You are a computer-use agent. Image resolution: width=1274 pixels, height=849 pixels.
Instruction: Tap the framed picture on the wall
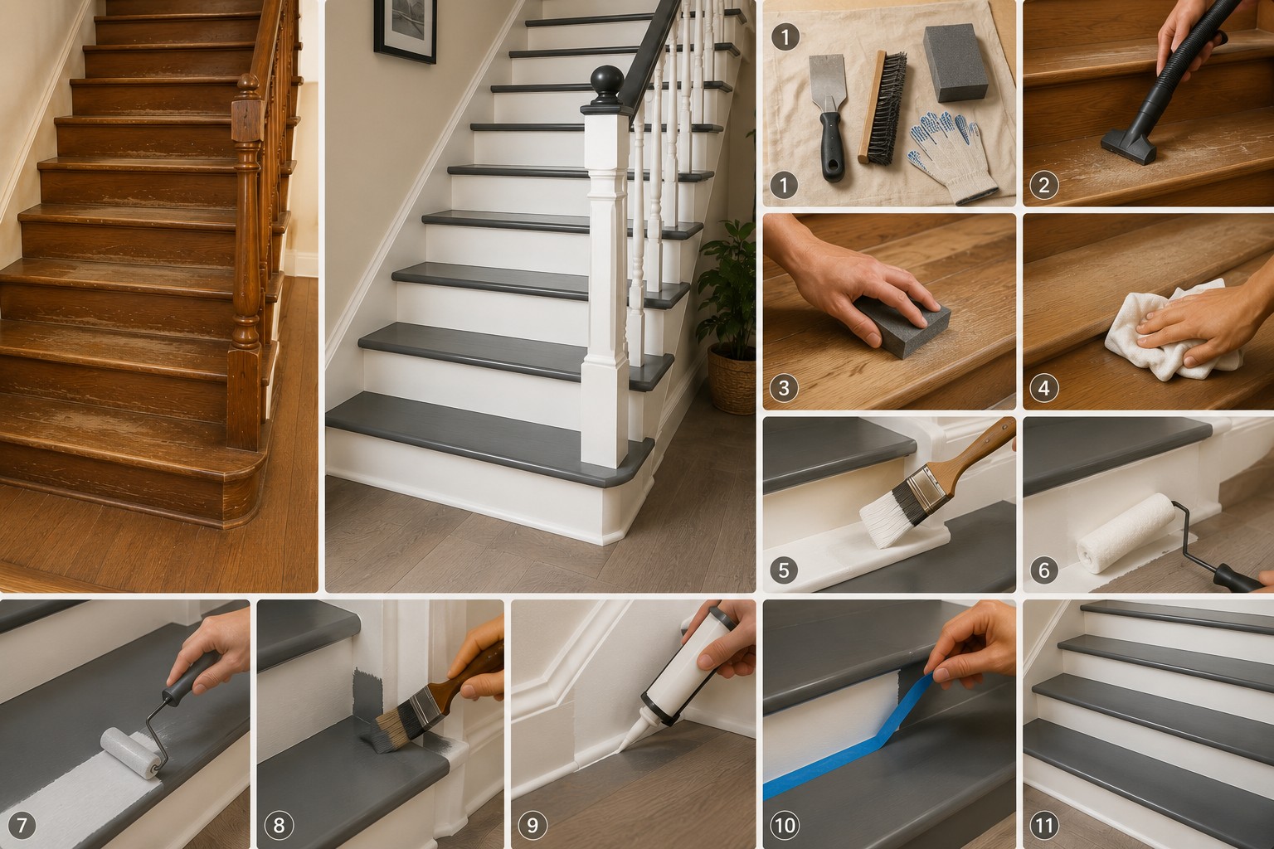405,30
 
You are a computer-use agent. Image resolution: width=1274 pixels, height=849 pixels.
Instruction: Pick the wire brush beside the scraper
883,107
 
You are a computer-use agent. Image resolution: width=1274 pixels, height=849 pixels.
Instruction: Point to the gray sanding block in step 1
955,62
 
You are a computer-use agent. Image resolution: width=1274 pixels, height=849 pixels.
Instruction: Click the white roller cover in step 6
1126,532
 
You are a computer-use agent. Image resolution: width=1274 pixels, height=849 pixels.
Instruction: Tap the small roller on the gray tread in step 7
131,752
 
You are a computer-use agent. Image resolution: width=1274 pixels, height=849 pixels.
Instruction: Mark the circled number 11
1044,825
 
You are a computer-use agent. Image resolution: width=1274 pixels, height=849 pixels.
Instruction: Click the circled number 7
22,825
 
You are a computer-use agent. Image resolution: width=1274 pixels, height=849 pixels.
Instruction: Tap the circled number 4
1044,388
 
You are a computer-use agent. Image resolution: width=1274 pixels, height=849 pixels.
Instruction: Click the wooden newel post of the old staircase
246,261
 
